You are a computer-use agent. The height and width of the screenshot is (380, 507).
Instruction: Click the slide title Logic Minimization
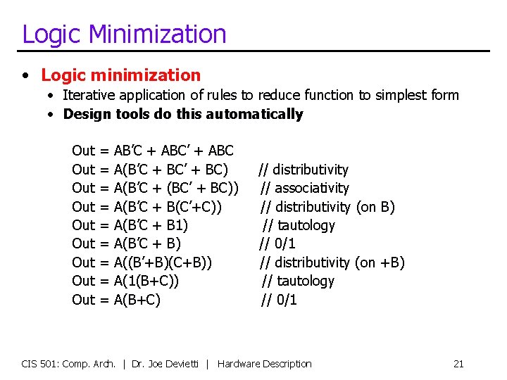click(124, 34)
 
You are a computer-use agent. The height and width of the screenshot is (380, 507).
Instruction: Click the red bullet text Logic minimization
click(120, 75)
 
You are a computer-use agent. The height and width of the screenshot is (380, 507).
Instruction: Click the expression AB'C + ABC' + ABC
click(173, 151)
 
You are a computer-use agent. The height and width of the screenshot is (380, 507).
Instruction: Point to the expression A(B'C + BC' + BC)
click(170, 170)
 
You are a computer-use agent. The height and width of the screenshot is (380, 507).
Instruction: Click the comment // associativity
click(304, 188)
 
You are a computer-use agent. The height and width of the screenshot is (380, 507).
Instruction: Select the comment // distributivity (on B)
click(327, 207)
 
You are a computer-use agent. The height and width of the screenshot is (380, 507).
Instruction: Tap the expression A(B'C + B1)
click(151, 225)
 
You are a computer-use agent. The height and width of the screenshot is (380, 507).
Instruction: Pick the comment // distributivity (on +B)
click(332, 262)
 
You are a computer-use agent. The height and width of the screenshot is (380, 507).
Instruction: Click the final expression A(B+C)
click(137, 300)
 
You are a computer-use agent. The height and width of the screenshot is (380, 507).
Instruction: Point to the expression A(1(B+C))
click(146, 281)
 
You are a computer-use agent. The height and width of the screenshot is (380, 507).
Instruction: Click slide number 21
click(458, 364)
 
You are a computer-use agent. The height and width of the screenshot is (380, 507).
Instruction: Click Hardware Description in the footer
click(264, 364)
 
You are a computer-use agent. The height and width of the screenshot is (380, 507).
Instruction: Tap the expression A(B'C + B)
click(147, 243)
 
